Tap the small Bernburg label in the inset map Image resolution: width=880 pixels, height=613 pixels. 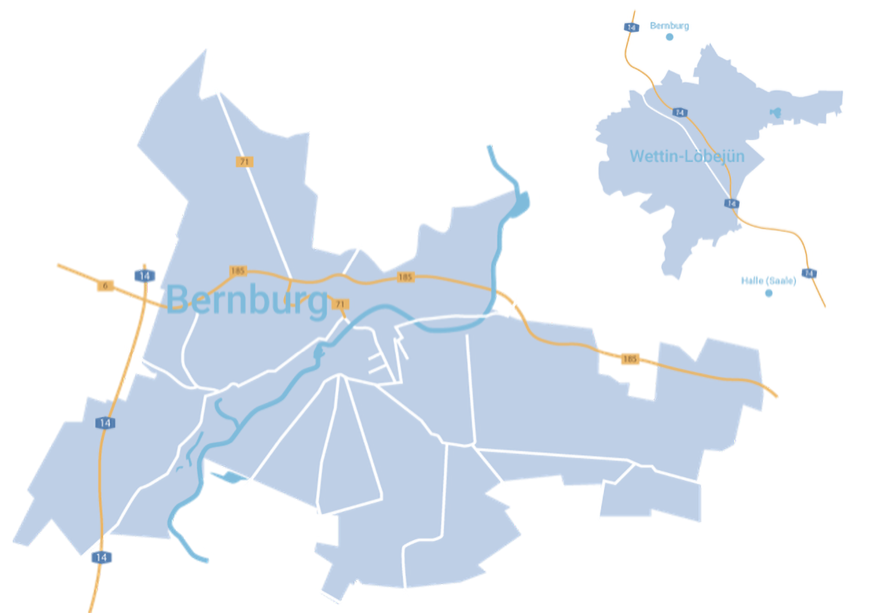[x=669, y=26]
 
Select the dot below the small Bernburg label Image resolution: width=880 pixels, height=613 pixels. [x=670, y=37]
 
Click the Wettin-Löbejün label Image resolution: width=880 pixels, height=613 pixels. [x=687, y=156]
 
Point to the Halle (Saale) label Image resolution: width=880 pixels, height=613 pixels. [x=768, y=280]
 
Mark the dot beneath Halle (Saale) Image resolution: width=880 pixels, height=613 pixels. [x=769, y=293]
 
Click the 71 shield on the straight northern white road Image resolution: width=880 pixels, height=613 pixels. [x=244, y=162]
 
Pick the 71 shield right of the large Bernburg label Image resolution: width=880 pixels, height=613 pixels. [x=340, y=304]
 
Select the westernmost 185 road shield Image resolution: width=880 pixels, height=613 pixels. [x=238, y=271]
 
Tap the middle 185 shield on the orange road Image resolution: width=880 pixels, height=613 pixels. [x=405, y=277]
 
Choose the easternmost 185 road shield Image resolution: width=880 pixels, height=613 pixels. [x=630, y=359]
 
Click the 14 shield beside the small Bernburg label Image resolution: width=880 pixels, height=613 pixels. [x=631, y=27]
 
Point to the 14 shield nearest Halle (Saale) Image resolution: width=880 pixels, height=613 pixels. [x=809, y=273]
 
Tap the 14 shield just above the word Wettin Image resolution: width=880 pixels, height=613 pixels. [x=680, y=112]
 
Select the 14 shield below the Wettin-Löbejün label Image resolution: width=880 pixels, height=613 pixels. [x=731, y=203]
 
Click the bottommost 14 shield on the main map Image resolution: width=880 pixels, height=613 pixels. [x=101, y=558]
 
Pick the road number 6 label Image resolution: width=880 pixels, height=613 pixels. [x=105, y=286]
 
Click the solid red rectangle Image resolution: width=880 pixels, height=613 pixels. [x=822, y=420]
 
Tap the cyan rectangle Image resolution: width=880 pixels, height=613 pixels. [x=107, y=29]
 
